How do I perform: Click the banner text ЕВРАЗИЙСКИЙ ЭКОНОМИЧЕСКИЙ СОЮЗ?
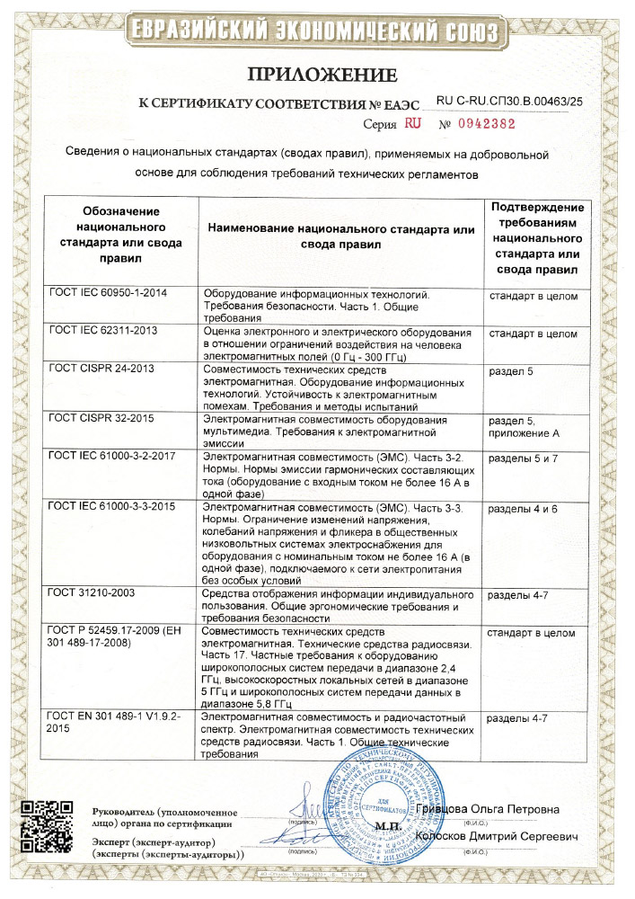point(317,29)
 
